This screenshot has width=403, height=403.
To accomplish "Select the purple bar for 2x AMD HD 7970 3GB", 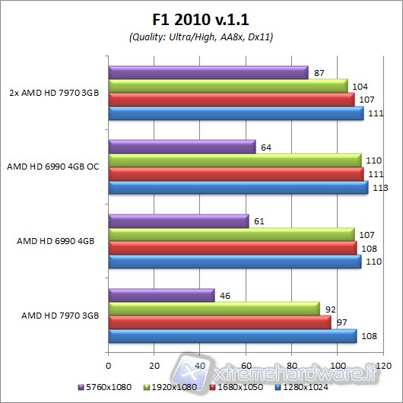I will [x=208, y=73].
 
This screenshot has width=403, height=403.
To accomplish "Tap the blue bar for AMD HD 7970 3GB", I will [x=233, y=335].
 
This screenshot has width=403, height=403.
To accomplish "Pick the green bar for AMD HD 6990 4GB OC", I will [x=235, y=160].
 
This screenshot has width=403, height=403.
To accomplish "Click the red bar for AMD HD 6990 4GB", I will [x=233, y=248].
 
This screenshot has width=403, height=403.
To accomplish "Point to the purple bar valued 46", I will [x=162, y=295].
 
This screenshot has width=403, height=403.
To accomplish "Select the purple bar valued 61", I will [x=179, y=221].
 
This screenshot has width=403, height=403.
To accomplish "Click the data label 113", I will [x=378, y=188].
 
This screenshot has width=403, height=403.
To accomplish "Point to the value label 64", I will [x=265, y=146].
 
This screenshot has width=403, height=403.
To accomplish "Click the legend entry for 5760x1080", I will [x=104, y=386].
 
